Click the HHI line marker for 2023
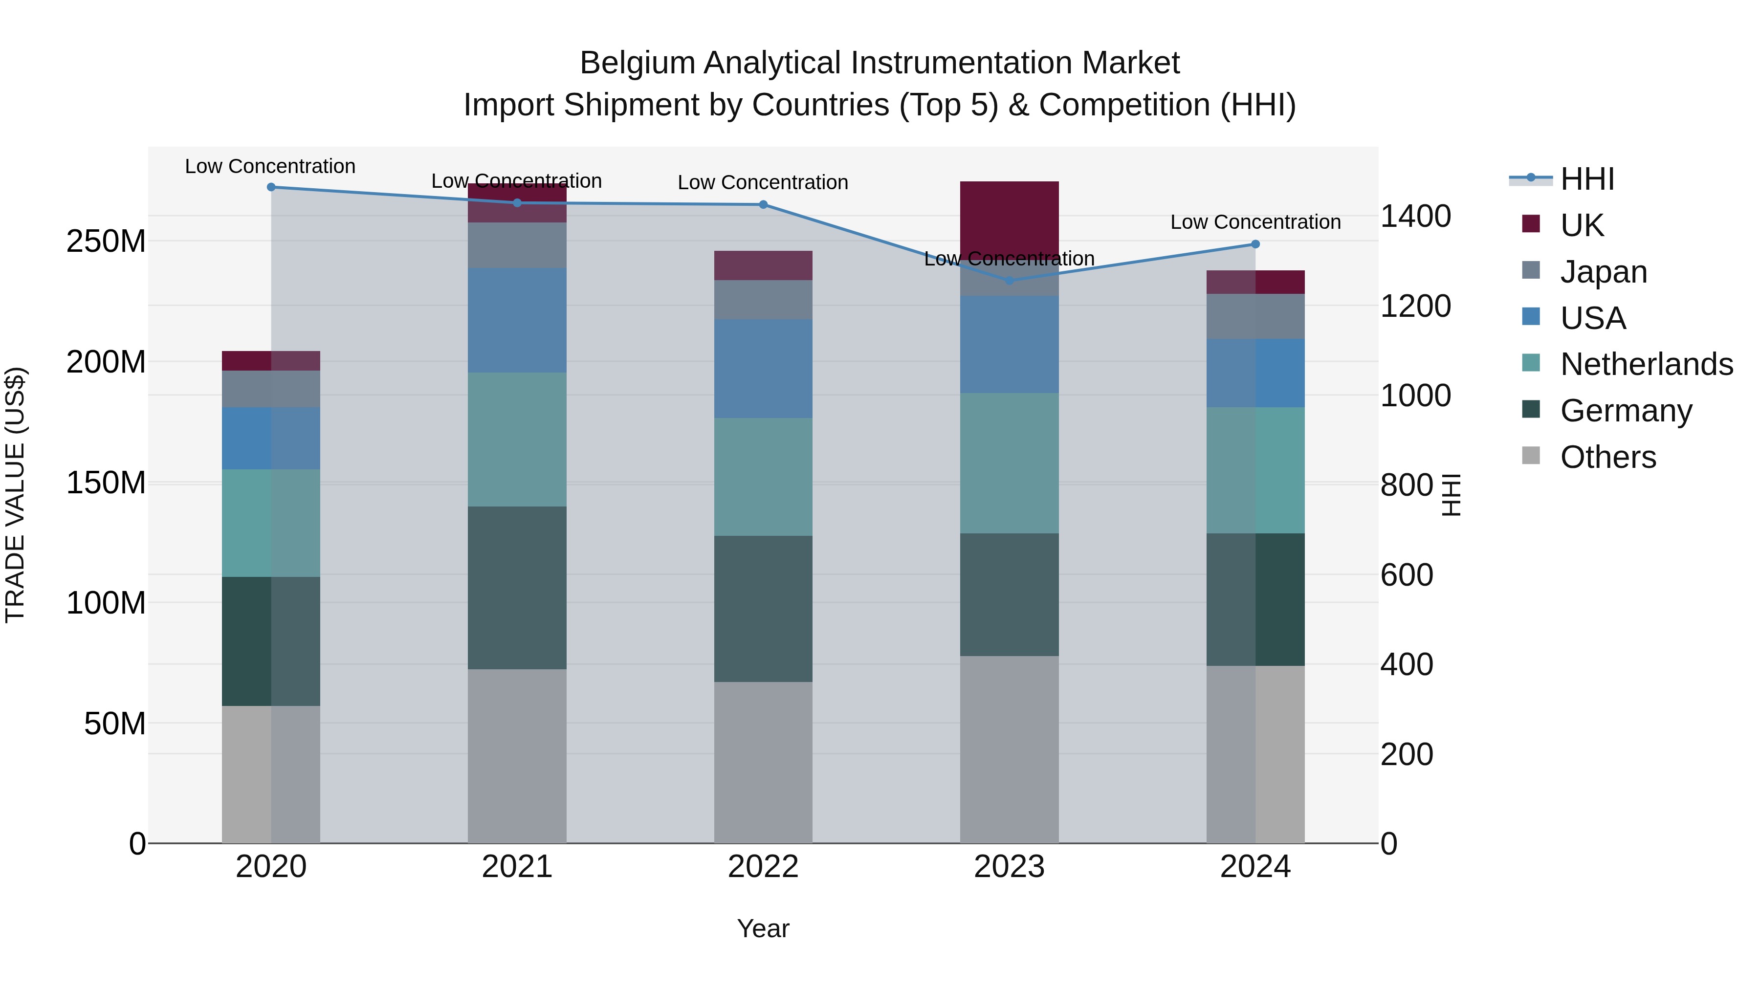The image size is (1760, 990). (x=1009, y=280)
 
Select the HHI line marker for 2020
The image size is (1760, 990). (x=271, y=187)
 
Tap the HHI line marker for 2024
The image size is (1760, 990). (x=1255, y=244)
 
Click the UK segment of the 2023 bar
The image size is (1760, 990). (x=1009, y=219)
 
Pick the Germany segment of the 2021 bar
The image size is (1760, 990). (x=517, y=588)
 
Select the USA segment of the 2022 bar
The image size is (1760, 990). (x=763, y=369)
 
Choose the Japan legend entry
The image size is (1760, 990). (x=1603, y=271)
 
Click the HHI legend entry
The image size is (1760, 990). (x=1586, y=179)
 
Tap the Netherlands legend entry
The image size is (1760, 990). (x=1645, y=364)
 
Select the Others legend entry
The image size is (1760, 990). (x=1607, y=457)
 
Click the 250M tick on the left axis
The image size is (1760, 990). (x=106, y=241)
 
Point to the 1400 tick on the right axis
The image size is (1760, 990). (x=1415, y=216)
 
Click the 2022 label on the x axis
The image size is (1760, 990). (x=763, y=867)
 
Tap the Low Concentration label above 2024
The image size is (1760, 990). (x=1255, y=222)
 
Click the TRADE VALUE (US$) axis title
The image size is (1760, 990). (x=15, y=495)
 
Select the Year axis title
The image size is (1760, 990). (x=763, y=928)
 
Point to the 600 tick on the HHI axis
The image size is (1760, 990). (x=1406, y=574)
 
